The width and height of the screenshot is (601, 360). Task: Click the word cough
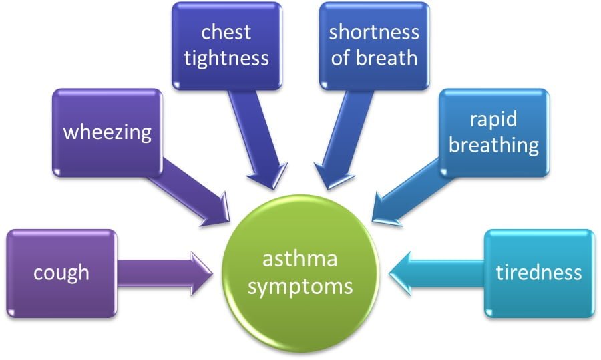(x=61, y=274)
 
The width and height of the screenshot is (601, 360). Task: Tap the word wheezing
(x=108, y=133)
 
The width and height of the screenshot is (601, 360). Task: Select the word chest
(x=226, y=32)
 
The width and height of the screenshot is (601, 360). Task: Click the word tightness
(x=226, y=59)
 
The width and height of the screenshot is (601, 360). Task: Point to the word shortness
(x=374, y=32)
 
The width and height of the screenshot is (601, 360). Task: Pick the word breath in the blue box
(x=387, y=58)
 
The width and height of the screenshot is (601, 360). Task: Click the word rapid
(x=493, y=120)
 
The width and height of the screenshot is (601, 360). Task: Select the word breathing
(x=493, y=146)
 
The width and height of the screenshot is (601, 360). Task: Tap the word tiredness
(x=539, y=273)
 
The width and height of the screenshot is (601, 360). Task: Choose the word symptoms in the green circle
(x=300, y=287)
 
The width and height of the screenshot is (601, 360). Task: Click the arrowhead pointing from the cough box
(x=202, y=274)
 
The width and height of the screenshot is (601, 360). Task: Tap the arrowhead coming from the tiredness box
(x=400, y=274)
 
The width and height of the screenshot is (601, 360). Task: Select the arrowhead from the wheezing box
(x=216, y=211)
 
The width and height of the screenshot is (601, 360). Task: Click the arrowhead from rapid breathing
(x=385, y=210)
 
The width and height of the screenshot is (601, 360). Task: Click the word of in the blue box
(x=341, y=58)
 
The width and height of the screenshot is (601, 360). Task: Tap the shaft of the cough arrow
(x=154, y=273)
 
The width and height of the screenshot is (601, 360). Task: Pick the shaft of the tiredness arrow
(x=447, y=274)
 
